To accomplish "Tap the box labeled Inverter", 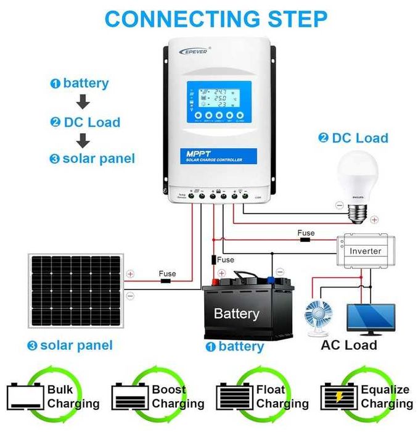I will click(x=365, y=251).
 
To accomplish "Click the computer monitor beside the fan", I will click(x=372, y=318).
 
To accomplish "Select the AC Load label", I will click(x=348, y=344).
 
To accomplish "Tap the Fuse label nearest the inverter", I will click(x=306, y=233).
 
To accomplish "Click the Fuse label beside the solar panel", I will click(x=167, y=273).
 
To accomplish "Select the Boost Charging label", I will click(x=178, y=397).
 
